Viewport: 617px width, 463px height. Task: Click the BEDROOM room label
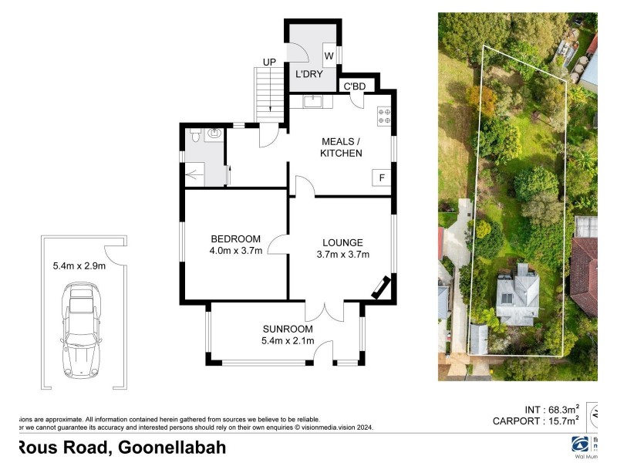235,238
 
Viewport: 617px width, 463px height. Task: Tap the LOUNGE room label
342,242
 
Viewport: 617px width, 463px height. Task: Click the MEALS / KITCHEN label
341,147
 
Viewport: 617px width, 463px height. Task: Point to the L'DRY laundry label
308,75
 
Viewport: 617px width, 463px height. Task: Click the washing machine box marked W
328,56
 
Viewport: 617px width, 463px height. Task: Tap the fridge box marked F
380,177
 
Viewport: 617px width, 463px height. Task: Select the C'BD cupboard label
353,86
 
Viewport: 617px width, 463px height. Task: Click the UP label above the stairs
269,62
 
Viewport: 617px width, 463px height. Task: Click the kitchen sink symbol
314,101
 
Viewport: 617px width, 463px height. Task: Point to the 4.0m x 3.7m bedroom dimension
235,250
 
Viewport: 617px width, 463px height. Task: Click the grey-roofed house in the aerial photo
517,293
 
